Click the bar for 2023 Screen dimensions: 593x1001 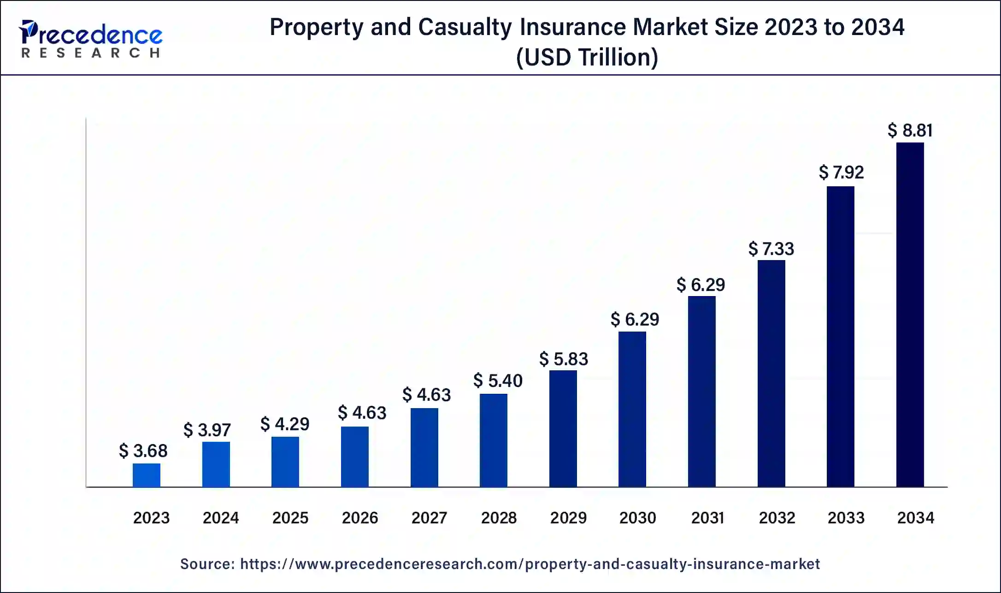[147, 475]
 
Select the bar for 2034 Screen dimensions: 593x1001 [910, 314]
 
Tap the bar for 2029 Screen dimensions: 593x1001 [563, 428]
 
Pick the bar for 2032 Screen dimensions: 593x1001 [771, 373]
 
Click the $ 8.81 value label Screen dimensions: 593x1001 [910, 130]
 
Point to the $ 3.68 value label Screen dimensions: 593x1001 [143, 451]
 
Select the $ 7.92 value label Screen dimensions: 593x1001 [841, 172]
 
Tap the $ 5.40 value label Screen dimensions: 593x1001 [498, 381]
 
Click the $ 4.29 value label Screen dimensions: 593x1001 [285, 424]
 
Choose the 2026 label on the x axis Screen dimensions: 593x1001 [359, 518]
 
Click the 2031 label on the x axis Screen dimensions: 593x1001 [707, 518]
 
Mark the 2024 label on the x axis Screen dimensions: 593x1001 [221, 518]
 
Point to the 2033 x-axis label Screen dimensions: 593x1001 [846, 518]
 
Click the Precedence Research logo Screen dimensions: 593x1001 [91, 39]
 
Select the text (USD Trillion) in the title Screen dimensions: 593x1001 [587, 58]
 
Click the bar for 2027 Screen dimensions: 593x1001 [424, 447]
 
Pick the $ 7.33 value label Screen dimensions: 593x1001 [771, 249]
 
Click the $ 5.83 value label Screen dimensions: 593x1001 [564, 359]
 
